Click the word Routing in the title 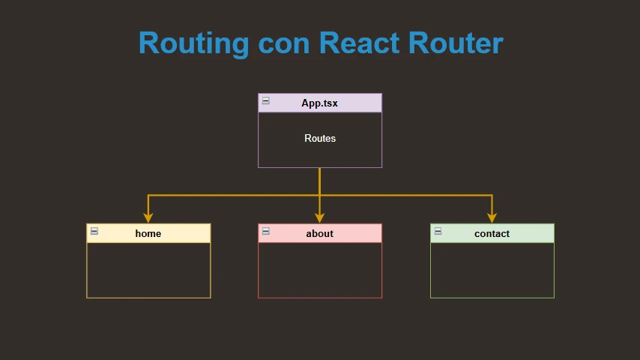click(194, 43)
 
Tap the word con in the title click(284, 43)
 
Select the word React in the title click(359, 43)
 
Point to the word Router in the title click(456, 43)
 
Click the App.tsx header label click(319, 103)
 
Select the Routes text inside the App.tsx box click(320, 138)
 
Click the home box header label click(148, 234)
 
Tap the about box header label click(319, 234)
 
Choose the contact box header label click(492, 234)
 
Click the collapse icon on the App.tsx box click(266, 100)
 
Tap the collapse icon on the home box click(94, 231)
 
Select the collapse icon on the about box click(266, 231)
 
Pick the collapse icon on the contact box click(438, 231)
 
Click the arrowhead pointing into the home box click(148, 217)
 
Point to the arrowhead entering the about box click(319, 217)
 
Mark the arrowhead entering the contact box click(492, 217)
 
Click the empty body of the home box click(148, 270)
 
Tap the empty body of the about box click(320, 270)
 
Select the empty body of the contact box click(492, 270)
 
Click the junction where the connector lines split click(319, 195)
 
